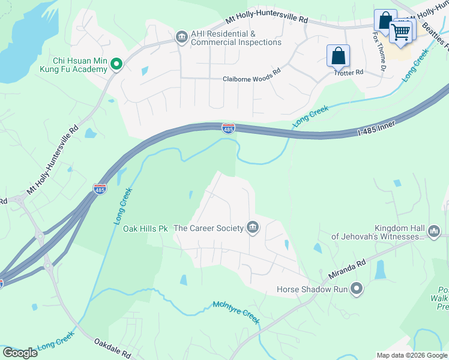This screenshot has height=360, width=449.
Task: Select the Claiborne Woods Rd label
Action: (252, 79)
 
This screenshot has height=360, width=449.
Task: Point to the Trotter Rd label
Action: (349, 72)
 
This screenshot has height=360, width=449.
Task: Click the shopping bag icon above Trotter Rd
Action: (339, 56)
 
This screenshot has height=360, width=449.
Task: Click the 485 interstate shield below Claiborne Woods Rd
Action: (228, 128)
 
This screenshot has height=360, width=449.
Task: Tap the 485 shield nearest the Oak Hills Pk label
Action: (100, 189)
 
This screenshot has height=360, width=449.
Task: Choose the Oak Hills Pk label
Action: (145, 229)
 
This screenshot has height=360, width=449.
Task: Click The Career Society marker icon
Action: (253, 228)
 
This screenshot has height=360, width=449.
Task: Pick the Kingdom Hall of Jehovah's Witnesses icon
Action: (434, 231)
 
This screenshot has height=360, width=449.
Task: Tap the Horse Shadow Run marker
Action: (357, 289)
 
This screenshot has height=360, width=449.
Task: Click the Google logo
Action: (20, 353)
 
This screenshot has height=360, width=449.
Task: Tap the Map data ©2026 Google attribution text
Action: (412, 355)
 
